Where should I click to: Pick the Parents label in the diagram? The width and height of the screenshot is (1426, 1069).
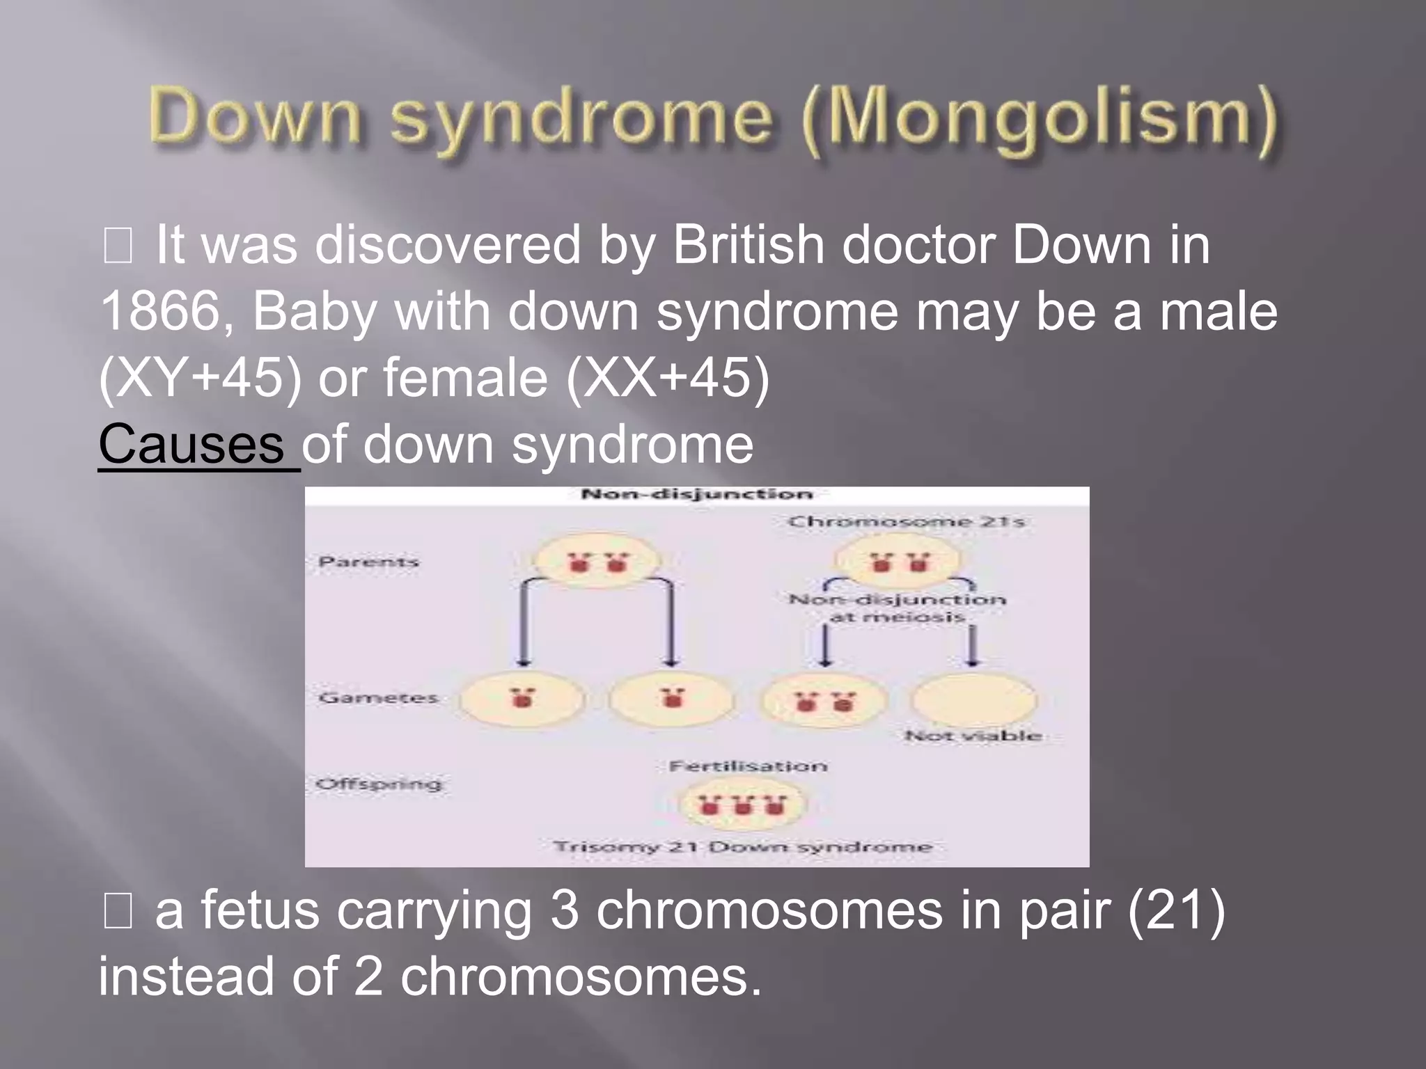(368, 562)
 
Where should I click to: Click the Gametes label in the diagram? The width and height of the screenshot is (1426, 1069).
(378, 697)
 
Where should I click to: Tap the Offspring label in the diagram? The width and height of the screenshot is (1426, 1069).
(379, 784)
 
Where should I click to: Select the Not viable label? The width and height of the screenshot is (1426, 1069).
(973, 736)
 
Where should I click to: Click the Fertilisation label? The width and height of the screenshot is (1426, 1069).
(748, 766)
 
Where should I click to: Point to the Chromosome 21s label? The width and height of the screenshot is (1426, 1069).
(906, 522)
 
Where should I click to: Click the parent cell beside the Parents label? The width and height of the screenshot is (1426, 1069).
(597, 561)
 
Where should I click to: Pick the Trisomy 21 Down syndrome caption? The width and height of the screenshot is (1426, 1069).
(742, 847)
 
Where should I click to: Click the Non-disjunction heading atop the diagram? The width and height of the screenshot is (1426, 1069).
(696, 495)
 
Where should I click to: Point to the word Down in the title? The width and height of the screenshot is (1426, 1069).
(256, 118)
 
